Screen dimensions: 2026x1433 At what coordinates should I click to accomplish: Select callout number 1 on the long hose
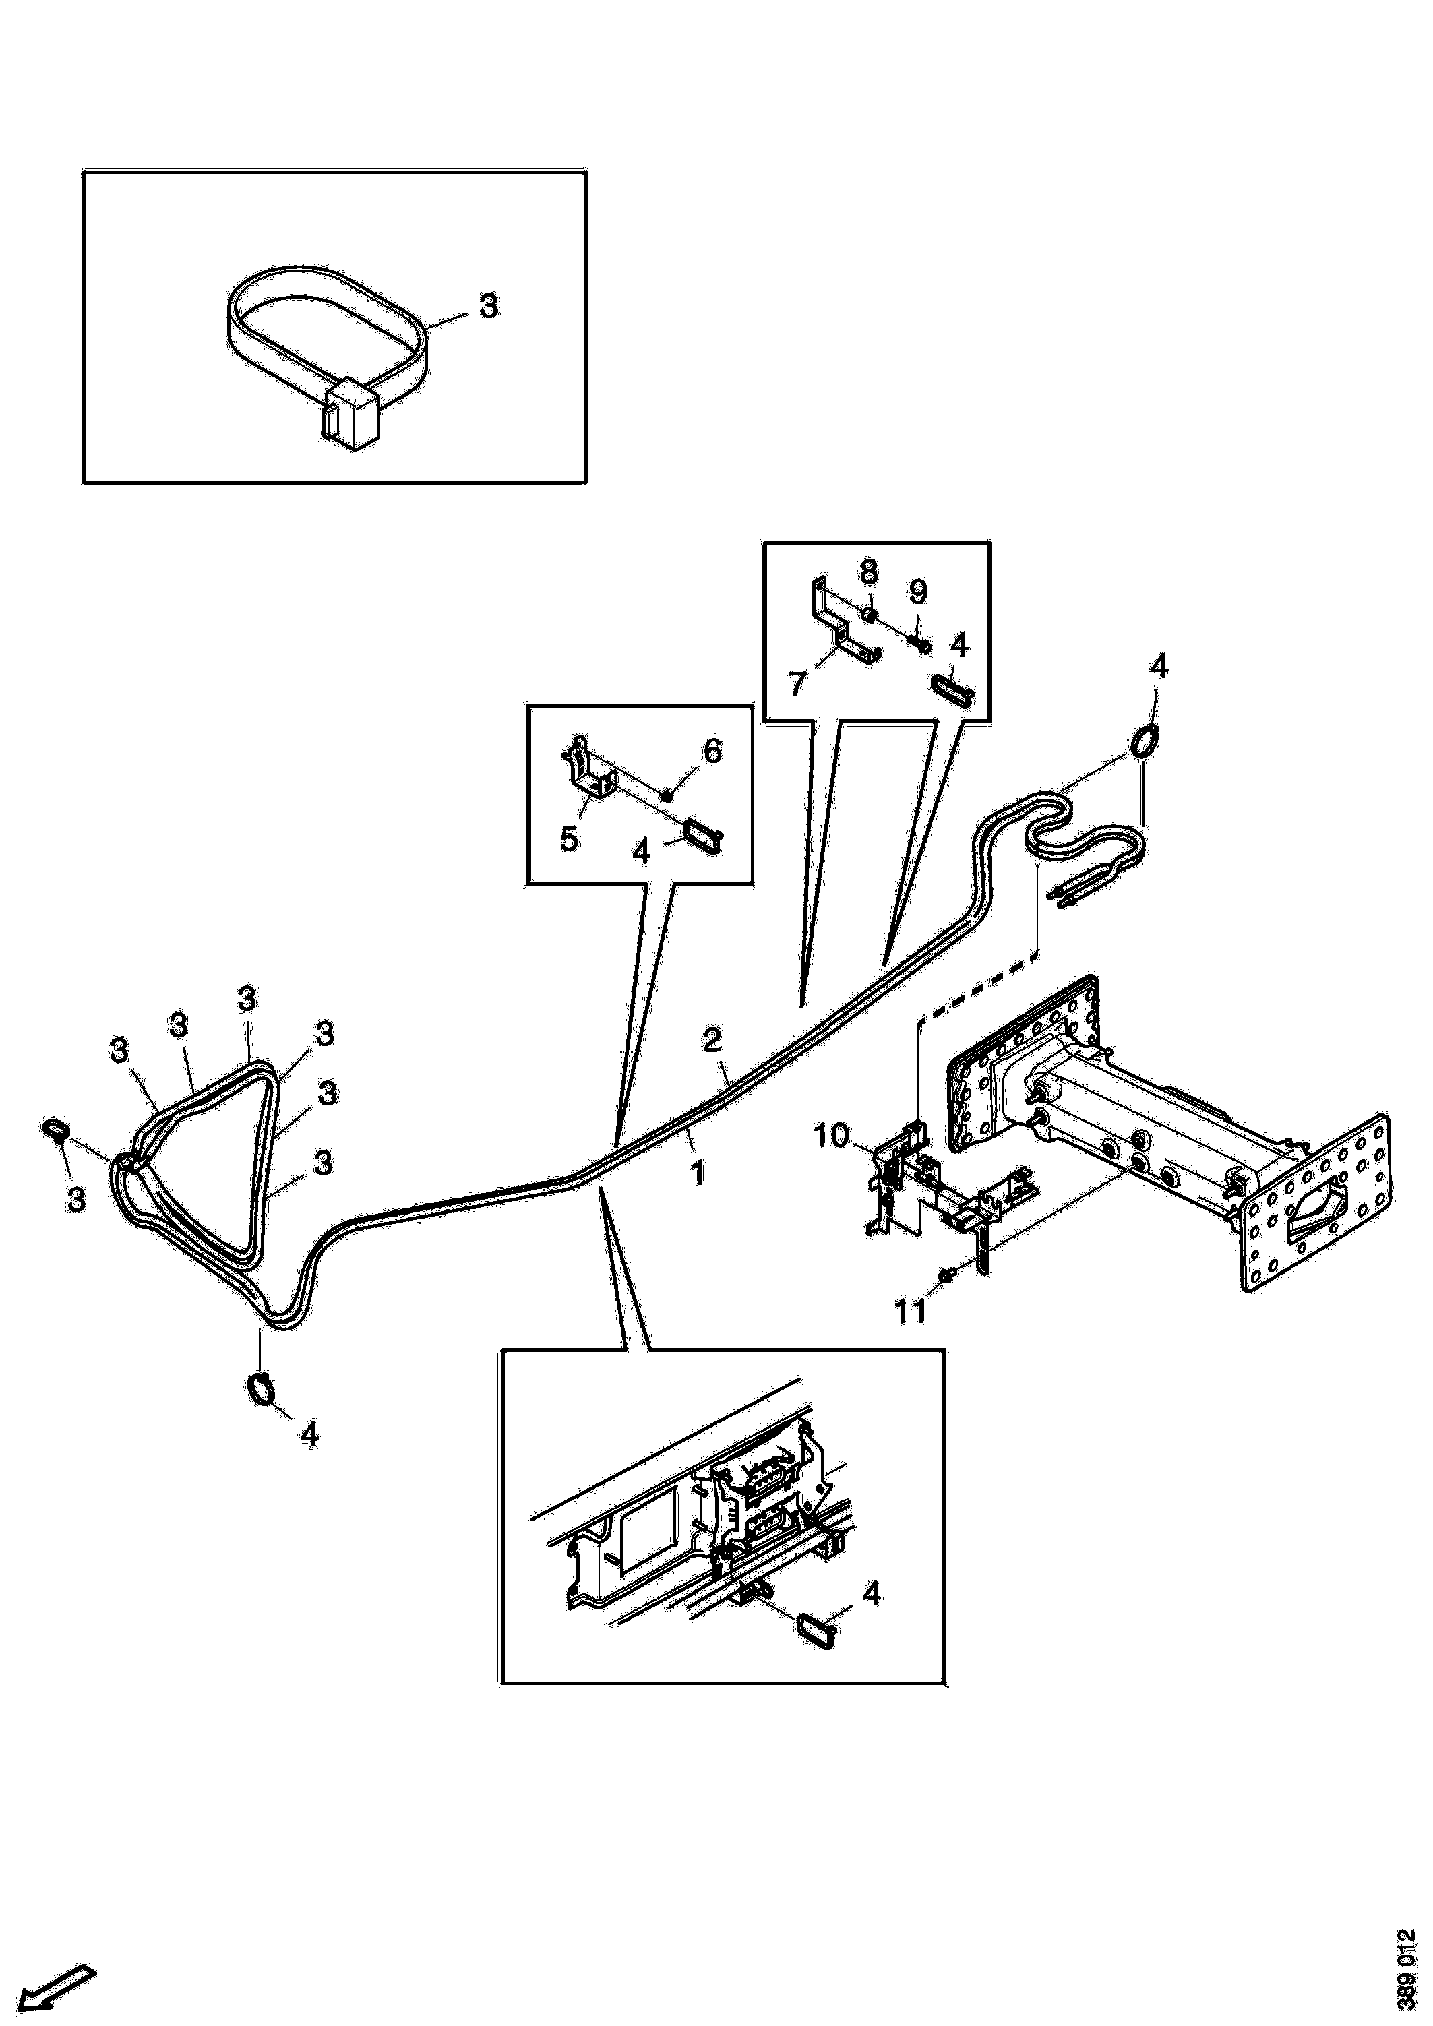pyautogui.click(x=699, y=1175)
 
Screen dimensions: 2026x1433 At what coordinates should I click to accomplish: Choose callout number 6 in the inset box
pyautogui.click(x=711, y=751)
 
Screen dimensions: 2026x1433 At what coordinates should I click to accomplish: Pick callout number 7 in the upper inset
pyautogui.click(x=797, y=684)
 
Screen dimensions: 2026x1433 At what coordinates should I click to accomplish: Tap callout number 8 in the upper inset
pyautogui.click(x=868, y=572)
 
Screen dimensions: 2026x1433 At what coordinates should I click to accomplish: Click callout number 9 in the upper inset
pyautogui.click(x=917, y=590)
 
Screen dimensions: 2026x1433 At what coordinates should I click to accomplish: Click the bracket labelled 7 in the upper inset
pyautogui.click(x=839, y=622)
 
